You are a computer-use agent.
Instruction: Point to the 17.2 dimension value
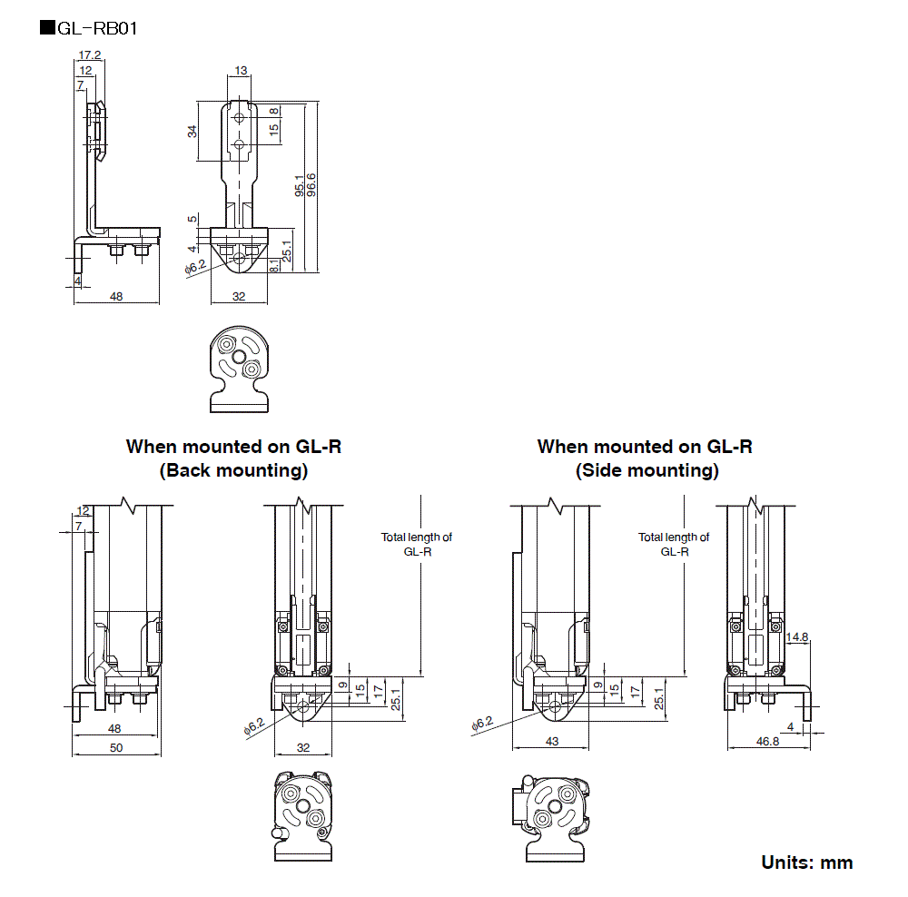(x=90, y=55)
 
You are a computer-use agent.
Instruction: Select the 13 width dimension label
(x=240, y=71)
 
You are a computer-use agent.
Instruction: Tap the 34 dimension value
(x=192, y=132)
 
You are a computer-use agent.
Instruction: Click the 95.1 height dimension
(x=300, y=186)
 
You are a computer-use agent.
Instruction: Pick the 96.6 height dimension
(x=311, y=186)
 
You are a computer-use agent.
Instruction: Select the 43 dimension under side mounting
(x=552, y=742)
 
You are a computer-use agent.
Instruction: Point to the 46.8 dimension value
(x=767, y=742)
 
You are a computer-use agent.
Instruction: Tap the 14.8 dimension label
(x=797, y=637)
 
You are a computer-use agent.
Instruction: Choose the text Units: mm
(x=806, y=862)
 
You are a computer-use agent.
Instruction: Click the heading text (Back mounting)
(x=233, y=470)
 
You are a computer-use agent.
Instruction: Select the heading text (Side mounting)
(x=646, y=470)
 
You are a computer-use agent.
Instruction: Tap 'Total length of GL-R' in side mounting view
(x=674, y=544)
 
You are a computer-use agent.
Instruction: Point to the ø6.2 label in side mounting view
(x=481, y=724)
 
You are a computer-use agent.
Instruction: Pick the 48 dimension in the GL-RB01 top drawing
(x=116, y=296)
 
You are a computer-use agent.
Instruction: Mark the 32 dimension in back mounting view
(x=303, y=747)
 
